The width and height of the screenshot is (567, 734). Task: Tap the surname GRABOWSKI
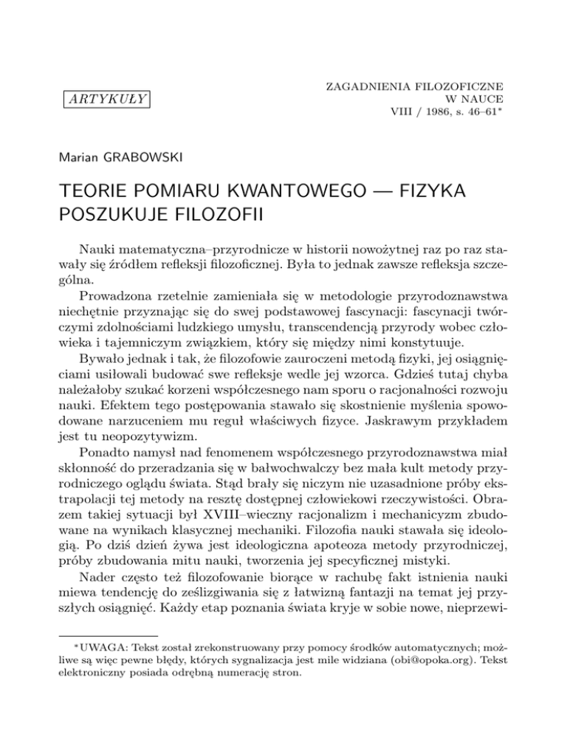click(x=145, y=158)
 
